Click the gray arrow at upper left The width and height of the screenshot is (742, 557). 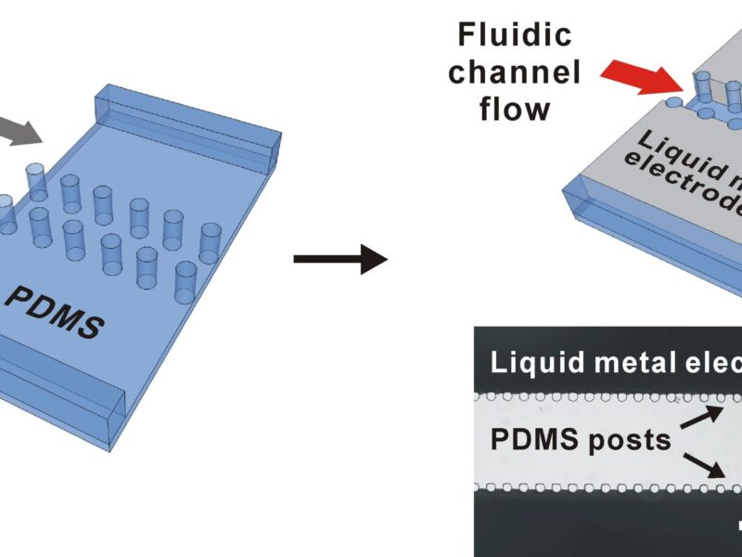21,128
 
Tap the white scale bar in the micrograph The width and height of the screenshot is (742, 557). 736,526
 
